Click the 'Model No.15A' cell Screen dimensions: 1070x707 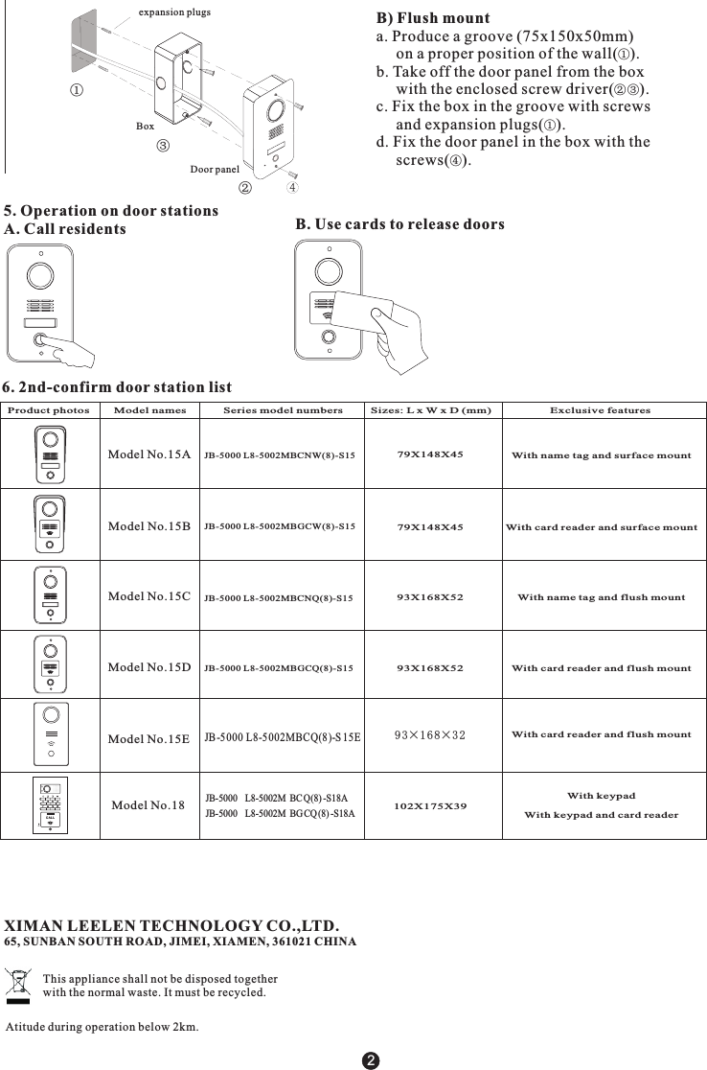[x=149, y=454]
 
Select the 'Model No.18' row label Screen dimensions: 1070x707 [x=148, y=805]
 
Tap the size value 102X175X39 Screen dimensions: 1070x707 [x=430, y=805]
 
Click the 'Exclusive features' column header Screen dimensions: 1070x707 [x=600, y=410]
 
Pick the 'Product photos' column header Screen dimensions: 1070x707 [x=49, y=410]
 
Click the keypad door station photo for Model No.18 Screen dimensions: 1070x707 [x=51, y=805]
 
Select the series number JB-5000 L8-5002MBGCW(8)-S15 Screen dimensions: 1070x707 [x=280, y=526]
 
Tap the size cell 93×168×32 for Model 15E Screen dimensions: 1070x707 [x=430, y=735]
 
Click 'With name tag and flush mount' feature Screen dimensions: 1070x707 [x=601, y=597]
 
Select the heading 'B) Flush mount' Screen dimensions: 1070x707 [x=433, y=19]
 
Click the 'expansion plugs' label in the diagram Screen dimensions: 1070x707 [x=174, y=12]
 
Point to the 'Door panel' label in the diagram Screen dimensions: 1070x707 [x=215, y=170]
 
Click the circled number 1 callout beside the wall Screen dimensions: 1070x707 [x=75, y=90]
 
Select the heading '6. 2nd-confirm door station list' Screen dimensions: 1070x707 [x=117, y=387]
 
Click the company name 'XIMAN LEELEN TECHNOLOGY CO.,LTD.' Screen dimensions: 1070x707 [x=172, y=926]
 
